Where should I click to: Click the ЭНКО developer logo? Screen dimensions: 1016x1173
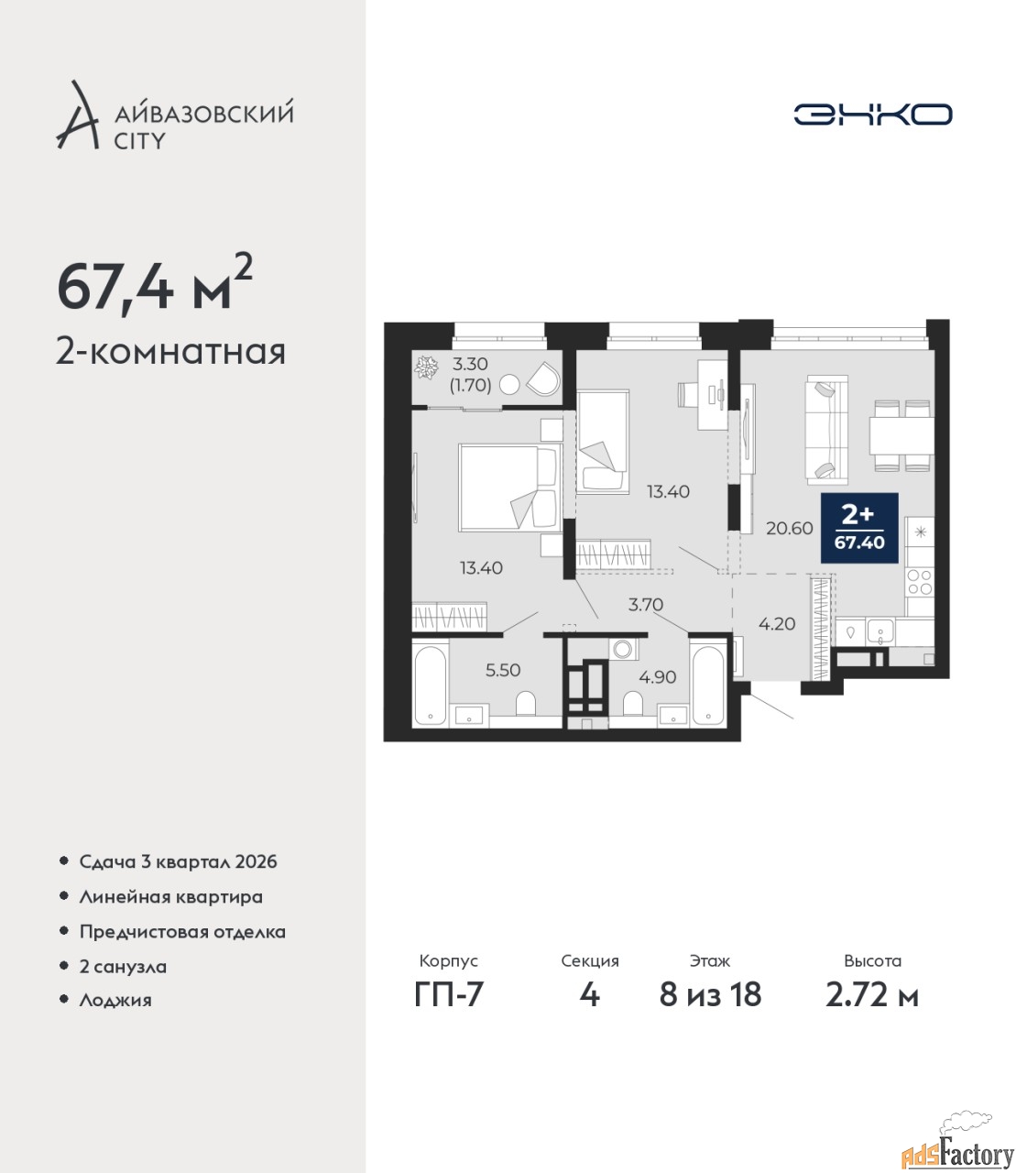[872, 114]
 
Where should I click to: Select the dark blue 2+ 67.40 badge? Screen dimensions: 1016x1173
[858, 528]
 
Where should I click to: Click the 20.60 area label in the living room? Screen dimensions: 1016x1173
[789, 529]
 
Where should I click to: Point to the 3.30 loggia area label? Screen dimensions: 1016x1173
[470, 363]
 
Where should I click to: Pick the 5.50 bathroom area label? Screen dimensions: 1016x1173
[503, 670]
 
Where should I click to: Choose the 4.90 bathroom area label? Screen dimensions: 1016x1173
[657, 676]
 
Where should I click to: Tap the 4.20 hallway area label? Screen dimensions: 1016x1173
[777, 624]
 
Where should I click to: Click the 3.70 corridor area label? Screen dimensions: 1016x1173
[646, 605]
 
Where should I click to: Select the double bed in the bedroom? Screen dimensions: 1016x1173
[510, 488]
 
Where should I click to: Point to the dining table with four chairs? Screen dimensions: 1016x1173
[901, 436]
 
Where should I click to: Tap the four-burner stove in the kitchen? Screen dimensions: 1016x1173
[920, 582]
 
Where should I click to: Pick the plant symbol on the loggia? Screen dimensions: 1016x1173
[426, 367]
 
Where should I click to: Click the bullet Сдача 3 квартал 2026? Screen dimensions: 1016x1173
[178, 861]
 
